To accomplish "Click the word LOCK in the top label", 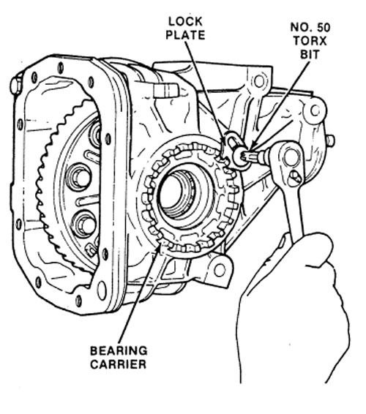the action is point(185,22).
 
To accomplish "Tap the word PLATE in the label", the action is point(185,35).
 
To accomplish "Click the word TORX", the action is point(310,41).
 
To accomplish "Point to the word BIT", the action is point(310,54).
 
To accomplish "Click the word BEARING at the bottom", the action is point(119,350).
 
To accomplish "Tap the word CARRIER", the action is point(118,364).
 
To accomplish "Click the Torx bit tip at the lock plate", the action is point(248,156).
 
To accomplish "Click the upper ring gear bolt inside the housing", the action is point(79,178).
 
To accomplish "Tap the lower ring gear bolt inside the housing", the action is point(85,225).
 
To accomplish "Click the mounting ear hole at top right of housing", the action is point(259,81).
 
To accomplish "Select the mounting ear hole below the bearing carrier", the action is point(220,270).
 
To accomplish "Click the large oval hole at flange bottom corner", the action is point(102,290).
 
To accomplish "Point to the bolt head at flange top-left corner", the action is point(16,84).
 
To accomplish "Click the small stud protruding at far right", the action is point(330,140).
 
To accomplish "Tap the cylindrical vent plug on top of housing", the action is point(166,90).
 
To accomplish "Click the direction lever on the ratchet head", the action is point(295,178).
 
